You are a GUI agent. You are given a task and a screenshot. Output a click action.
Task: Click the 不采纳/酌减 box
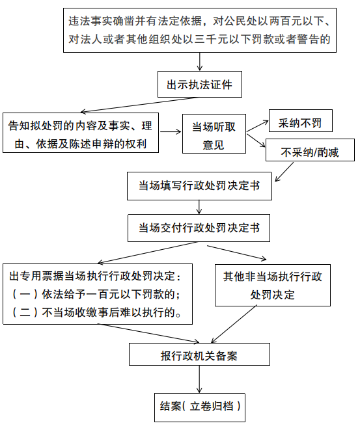[309, 152]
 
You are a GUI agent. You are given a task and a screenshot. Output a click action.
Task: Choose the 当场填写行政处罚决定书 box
[199, 186]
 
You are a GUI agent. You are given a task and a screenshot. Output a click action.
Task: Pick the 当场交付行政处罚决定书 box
[199, 228]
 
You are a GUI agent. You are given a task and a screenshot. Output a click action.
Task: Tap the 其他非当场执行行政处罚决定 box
[273, 284]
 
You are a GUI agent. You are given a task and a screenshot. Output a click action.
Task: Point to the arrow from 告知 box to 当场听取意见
[171, 131]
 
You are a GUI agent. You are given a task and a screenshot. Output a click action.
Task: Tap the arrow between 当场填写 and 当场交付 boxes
[200, 207]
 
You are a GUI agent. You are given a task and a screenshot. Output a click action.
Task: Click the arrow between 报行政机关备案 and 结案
[200, 380]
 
